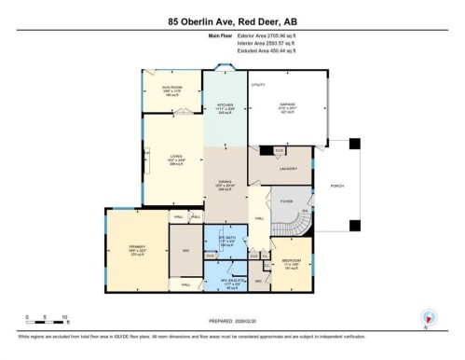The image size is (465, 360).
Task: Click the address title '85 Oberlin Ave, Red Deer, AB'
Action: (231, 21)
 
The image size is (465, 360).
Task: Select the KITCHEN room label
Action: (225, 104)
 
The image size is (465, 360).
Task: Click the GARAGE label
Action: (289, 104)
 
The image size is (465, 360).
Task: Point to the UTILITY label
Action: (258, 85)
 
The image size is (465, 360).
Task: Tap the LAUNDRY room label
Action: (288, 169)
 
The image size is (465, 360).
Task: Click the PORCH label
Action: (338, 185)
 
